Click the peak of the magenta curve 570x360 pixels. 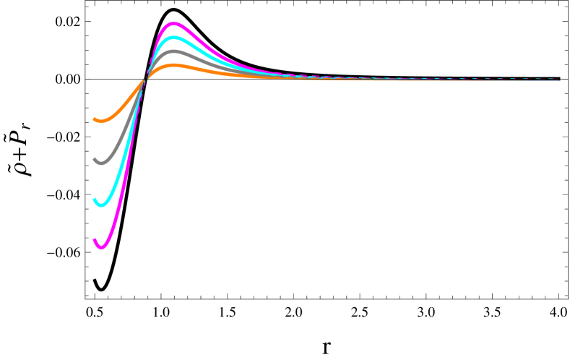click(174, 24)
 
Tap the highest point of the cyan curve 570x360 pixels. click(173, 38)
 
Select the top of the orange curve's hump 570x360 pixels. click(174, 65)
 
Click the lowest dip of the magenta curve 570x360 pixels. click(101, 247)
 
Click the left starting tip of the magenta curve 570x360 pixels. click(95, 240)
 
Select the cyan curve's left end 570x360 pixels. click(95, 200)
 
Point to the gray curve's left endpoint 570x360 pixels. click(95, 159)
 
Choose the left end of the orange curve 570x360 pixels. click(95, 119)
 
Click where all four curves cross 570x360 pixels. click(145, 77)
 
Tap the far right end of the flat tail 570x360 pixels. click(559, 79)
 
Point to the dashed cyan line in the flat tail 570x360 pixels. click(433, 78)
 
